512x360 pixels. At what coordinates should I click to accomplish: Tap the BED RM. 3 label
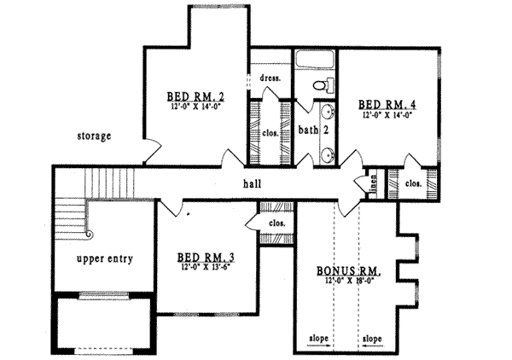tap(208, 256)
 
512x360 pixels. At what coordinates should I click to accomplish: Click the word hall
tap(252, 183)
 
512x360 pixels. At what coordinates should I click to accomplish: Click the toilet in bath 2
tap(321, 85)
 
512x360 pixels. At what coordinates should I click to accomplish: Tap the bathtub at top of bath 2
tap(316, 62)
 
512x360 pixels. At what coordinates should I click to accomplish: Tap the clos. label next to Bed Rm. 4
tap(412, 182)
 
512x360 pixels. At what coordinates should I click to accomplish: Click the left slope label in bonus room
tap(317, 338)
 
